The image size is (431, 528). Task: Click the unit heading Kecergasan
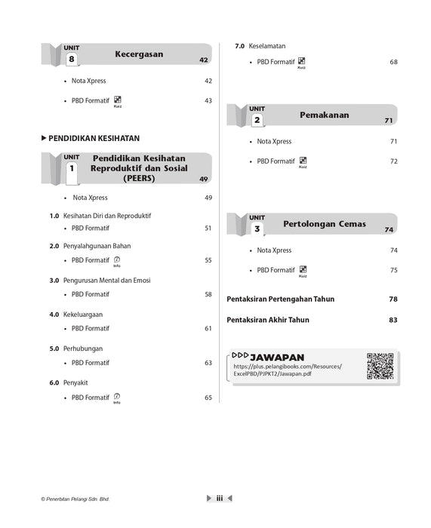click(x=139, y=54)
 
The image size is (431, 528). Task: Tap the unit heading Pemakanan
click(x=324, y=115)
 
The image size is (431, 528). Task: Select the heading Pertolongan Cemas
click(x=325, y=224)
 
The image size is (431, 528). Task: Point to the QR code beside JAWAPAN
click(x=380, y=366)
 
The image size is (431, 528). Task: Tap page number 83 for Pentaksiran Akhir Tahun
click(x=393, y=320)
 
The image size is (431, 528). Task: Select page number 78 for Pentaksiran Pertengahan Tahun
click(x=393, y=299)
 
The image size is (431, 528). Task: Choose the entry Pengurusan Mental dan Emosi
click(x=107, y=281)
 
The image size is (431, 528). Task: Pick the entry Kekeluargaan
click(x=82, y=314)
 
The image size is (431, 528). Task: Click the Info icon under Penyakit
click(x=117, y=398)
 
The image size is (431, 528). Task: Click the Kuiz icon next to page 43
click(x=117, y=100)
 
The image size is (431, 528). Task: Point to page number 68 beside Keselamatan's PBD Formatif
click(x=393, y=62)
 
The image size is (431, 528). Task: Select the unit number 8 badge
click(x=72, y=58)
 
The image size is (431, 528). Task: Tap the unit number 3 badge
click(x=257, y=228)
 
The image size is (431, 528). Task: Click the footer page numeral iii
click(x=219, y=498)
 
